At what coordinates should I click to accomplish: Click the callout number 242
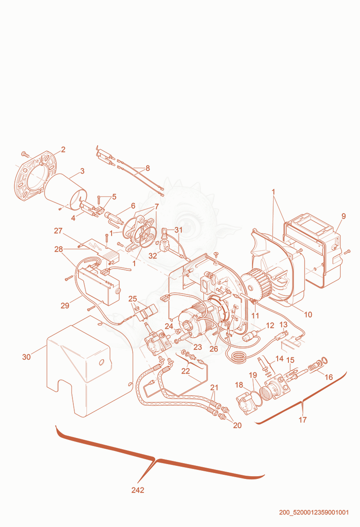click(138, 490)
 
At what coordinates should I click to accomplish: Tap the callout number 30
click(26, 357)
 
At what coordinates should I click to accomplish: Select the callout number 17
click(302, 420)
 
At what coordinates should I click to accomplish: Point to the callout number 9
click(343, 216)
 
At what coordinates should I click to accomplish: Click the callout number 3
click(82, 171)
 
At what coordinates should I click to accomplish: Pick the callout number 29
click(65, 305)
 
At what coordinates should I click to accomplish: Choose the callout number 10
click(308, 315)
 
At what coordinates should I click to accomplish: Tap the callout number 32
click(153, 256)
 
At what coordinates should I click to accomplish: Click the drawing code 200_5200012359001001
click(314, 513)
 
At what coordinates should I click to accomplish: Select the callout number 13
click(283, 325)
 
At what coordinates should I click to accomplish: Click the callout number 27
click(58, 231)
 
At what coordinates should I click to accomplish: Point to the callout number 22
click(185, 371)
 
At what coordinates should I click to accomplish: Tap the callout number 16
click(328, 377)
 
